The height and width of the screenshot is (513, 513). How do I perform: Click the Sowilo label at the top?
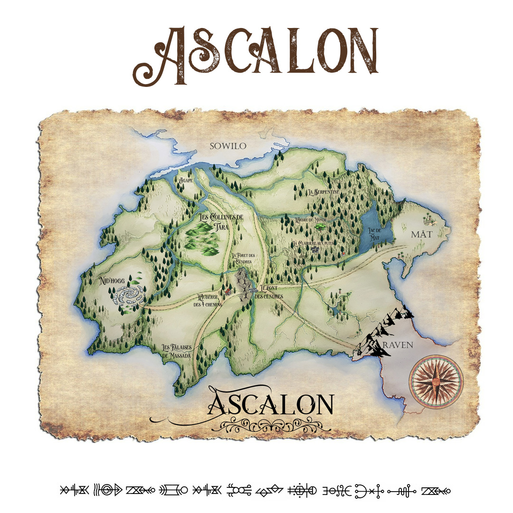[228, 146]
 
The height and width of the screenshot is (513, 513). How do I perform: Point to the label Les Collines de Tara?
[220, 221]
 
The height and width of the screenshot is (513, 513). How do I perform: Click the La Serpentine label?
[323, 192]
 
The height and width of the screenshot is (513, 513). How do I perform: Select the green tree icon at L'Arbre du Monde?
[318, 227]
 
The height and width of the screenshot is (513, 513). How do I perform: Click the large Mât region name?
[422, 235]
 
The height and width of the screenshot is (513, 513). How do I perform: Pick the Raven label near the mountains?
[397, 345]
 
